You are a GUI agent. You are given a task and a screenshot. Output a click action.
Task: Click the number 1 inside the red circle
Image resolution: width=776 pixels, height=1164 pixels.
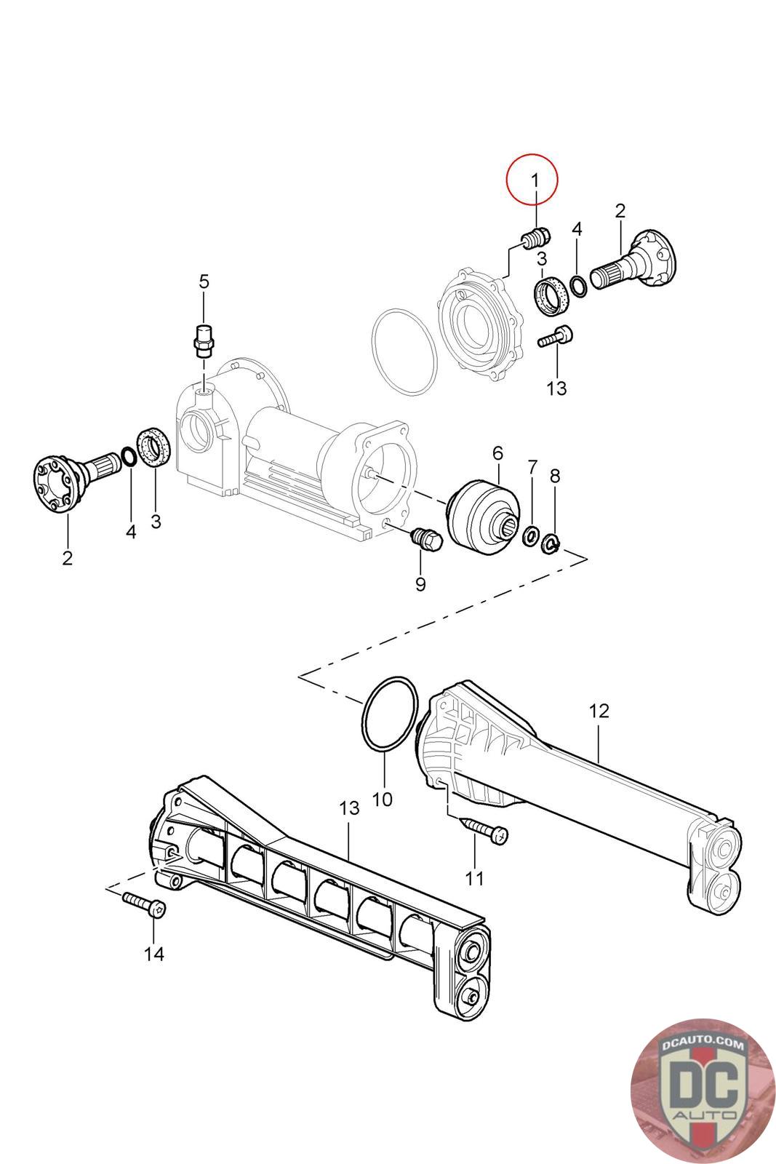(x=535, y=181)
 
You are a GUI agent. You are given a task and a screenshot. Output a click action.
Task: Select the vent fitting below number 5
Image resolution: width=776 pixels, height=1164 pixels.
(x=204, y=340)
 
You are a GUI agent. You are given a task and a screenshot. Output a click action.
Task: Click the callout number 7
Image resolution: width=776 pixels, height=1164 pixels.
(x=532, y=467)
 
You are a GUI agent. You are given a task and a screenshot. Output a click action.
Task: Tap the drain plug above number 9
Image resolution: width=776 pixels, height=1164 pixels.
(x=426, y=539)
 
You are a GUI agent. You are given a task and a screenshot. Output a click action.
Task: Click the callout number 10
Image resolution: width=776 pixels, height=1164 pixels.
(x=382, y=800)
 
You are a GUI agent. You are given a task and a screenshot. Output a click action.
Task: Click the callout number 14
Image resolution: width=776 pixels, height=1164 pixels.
(x=153, y=954)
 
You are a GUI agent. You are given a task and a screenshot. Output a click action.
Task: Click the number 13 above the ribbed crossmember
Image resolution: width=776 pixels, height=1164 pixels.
(x=349, y=808)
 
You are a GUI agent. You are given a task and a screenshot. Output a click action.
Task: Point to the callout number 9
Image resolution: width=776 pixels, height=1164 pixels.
(x=420, y=583)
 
